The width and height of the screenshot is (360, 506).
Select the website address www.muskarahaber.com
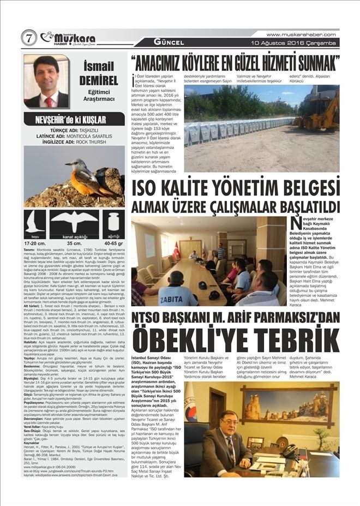[301, 34]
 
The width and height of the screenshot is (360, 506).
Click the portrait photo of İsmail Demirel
[46, 81]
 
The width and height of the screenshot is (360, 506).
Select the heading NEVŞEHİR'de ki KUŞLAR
[74, 118]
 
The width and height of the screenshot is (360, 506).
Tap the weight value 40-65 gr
[113, 243]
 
